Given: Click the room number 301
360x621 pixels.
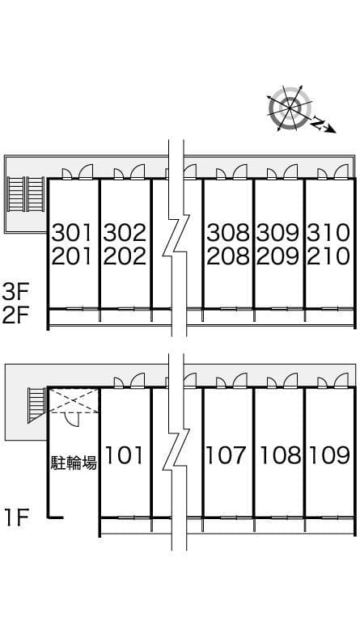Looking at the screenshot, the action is (72, 233).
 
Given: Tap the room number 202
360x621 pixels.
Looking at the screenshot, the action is (125, 256).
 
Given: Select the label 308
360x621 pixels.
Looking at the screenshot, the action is (228, 233).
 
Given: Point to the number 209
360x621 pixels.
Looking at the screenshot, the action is (277, 256).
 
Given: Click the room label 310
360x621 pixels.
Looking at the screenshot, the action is (328, 233).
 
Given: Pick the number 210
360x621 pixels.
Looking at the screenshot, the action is (328, 256).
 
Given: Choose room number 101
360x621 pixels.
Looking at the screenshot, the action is (124, 455).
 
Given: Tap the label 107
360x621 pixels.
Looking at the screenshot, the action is (227, 455).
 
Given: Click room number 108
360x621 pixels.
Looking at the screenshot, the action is (280, 455).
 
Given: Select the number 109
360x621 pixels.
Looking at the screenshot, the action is (328, 455).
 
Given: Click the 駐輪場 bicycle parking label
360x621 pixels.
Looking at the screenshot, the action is (74, 463).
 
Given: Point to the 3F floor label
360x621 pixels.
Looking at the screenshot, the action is (15, 293).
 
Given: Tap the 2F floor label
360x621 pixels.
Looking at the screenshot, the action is (15, 315).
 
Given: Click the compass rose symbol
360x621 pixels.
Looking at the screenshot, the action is (290, 107).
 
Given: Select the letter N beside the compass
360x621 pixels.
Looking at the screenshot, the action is (317, 123).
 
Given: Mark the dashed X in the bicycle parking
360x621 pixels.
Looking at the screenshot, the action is (74, 401).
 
